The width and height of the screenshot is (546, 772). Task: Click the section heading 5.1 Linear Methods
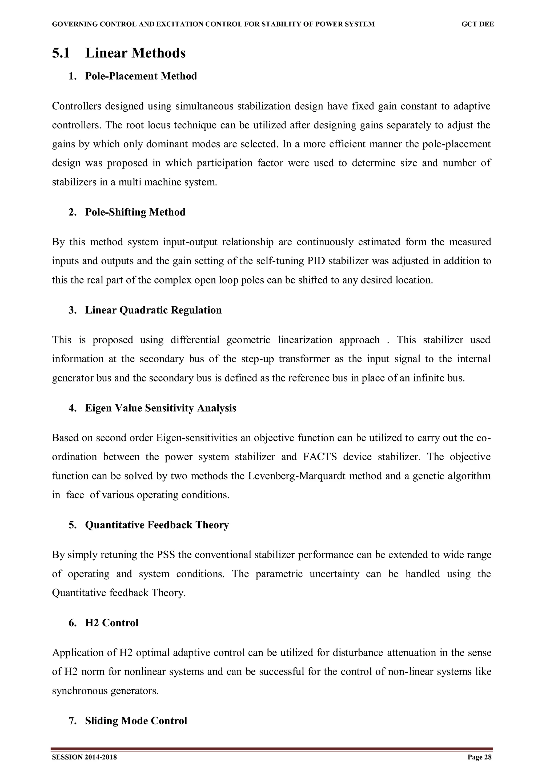[119, 53]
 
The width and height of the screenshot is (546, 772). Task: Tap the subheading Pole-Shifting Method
[135, 212]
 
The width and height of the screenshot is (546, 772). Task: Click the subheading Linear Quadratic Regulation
[153, 310]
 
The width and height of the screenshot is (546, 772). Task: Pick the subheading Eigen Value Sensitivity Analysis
[160, 408]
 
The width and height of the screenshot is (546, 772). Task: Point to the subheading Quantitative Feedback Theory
[157, 525]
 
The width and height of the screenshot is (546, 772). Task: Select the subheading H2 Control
[112, 623]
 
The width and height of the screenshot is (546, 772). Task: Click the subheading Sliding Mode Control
[136, 721]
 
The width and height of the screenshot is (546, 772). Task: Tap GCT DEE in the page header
[477, 24]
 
